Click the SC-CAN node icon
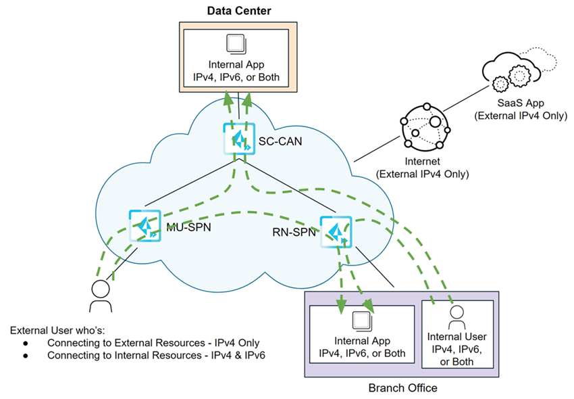pos(238,141)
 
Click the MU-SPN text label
pos(189,227)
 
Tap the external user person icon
pos(101,296)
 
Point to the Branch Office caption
pos(402,388)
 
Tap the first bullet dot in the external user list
pos(25,344)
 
